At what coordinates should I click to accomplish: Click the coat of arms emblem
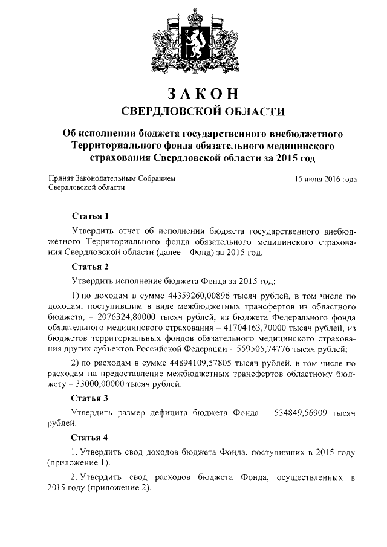(193, 42)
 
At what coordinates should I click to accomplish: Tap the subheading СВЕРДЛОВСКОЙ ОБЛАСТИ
(193, 112)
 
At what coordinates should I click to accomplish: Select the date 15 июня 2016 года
(325, 180)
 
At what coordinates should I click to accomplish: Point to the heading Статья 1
(90, 216)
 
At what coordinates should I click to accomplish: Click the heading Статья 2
(90, 266)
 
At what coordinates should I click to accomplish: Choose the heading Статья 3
(90, 398)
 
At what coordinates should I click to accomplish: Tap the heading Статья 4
(90, 437)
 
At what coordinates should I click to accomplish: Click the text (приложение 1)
(77, 462)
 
